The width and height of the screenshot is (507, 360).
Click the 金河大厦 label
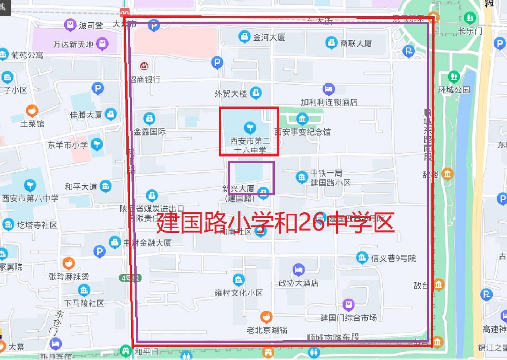(x=269, y=37)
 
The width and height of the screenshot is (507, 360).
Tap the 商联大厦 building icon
(x=331, y=43)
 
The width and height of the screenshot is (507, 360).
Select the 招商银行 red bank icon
(x=144, y=66)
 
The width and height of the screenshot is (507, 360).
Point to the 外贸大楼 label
(x=230, y=94)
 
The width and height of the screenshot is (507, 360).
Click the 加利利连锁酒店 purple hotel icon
(x=328, y=89)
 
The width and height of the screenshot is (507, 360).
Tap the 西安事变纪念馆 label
(x=302, y=132)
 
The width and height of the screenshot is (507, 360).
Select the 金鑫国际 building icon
(x=149, y=118)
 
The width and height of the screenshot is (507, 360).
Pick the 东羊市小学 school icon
(x=97, y=145)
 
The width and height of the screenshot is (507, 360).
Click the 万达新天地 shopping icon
(x=102, y=43)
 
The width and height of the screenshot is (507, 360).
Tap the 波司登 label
(x=91, y=26)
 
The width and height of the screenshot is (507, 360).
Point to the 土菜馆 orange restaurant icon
(x=32, y=111)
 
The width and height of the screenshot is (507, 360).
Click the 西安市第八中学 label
(x=30, y=198)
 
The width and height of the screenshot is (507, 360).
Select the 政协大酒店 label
(x=299, y=283)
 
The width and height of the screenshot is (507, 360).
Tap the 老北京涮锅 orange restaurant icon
(x=266, y=317)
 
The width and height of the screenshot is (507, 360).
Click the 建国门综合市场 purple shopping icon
(x=348, y=304)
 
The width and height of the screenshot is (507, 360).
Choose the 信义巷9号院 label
(x=393, y=258)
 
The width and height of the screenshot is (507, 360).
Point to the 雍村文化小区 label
(x=239, y=293)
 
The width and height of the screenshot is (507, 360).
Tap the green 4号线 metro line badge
(x=130, y=278)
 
